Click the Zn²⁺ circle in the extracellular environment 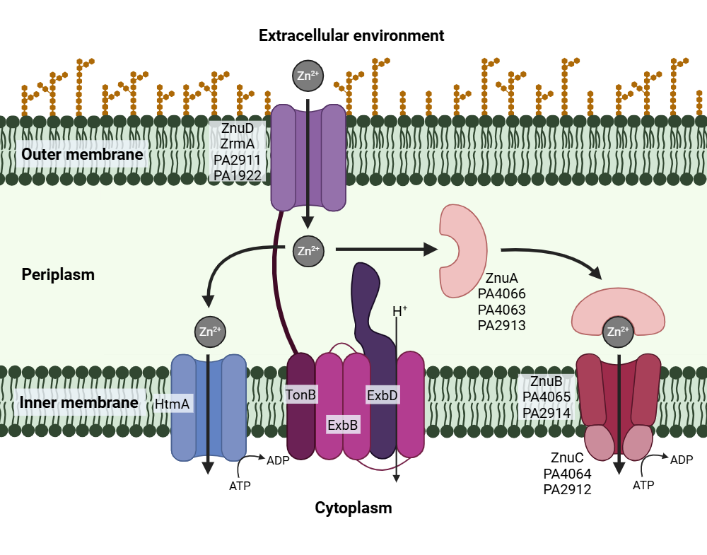pos(308,76)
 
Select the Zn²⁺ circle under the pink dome pos(618,332)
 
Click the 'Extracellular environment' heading pos(351,35)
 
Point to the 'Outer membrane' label pos(82,154)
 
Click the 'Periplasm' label pos(58,274)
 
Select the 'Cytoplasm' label pos(353,508)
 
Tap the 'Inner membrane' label pos(78,403)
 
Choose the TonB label pos(300,395)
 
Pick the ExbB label pos(342,425)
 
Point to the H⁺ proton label pos(400,311)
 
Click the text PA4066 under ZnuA pos(502,293)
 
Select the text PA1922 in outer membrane pos(238,175)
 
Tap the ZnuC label pos(567,457)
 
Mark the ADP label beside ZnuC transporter pos(682,460)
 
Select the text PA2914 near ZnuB pos(547,412)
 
